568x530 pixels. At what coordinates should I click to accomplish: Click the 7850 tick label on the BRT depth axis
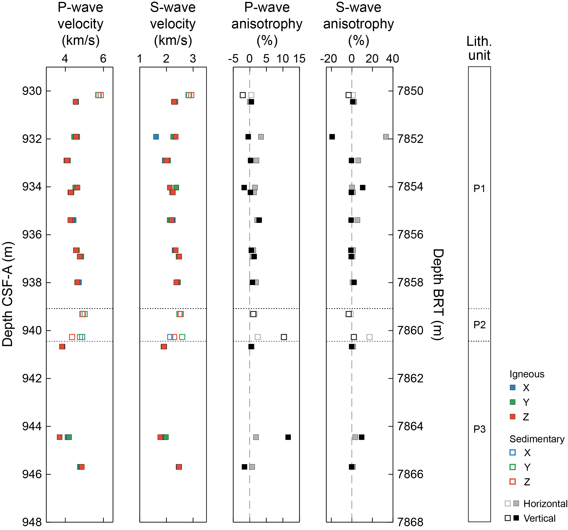410,91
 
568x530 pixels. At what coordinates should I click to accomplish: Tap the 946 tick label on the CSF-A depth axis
32,474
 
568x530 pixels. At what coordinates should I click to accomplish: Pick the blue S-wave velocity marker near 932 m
156,137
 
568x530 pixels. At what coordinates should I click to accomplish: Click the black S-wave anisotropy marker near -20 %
332,137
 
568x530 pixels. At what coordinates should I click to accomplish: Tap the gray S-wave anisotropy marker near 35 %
386,137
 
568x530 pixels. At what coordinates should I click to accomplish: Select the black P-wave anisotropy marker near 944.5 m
288,437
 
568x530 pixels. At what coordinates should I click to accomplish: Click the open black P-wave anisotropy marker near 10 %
284,337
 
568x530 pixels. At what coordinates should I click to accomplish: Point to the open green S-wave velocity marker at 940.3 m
182,337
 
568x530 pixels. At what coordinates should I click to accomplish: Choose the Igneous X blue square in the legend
513,388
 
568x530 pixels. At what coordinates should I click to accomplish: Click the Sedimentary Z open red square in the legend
513,482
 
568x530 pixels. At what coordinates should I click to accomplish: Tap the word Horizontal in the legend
545,504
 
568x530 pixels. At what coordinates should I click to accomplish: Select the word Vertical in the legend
539,518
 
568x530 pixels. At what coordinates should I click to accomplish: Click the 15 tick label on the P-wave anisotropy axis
299,59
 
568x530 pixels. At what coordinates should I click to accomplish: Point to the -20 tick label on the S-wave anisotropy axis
328,59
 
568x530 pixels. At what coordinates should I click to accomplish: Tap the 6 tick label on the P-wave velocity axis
103,59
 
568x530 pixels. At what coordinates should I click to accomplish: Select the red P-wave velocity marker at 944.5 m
59,437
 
